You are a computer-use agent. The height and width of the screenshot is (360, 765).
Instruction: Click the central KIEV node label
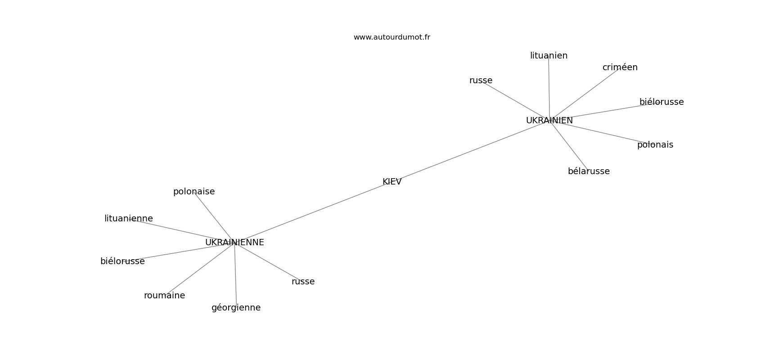pyautogui.click(x=391, y=182)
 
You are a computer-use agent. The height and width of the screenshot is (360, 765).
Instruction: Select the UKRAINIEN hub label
pyautogui.click(x=549, y=121)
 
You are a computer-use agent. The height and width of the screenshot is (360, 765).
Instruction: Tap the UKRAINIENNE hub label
pyautogui.click(x=234, y=243)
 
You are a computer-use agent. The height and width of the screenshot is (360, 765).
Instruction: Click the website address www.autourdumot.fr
pyautogui.click(x=391, y=37)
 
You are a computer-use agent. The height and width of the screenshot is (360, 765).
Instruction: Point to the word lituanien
pyautogui.click(x=549, y=56)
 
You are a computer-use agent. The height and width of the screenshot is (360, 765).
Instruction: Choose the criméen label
pyautogui.click(x=620, y=67)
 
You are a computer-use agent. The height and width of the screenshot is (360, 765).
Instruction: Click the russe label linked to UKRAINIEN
pyautogui.click(x=481, y=81)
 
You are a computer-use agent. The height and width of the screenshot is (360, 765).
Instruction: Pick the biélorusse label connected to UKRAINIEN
pyautogui.click(x=661, y=102)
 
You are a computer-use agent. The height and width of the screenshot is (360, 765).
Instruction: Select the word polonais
pyautogui.click(x=655, y=145)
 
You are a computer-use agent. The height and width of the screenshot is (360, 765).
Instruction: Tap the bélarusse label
pyautogui.click(x=589, y=171)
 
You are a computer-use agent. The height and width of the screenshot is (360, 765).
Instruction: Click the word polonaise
pyautogui.click(x=194, y=192)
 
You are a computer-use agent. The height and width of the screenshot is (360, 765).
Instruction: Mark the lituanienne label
pyautogui.click(x=129, y=219)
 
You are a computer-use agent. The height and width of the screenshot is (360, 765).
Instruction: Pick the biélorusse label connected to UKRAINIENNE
pyautogui.click(x=122, y=261)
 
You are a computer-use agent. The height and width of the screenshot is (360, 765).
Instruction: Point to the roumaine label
pyautogui.click(x=164, y=296)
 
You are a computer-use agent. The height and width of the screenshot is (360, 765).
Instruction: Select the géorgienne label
pyautogui.click(x=236, y=308)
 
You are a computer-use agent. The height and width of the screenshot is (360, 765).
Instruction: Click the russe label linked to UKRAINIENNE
pyautogui.click(x=303, y=282)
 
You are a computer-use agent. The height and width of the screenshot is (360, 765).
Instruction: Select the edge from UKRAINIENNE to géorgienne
pyautogui.click(x=235, y=274)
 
